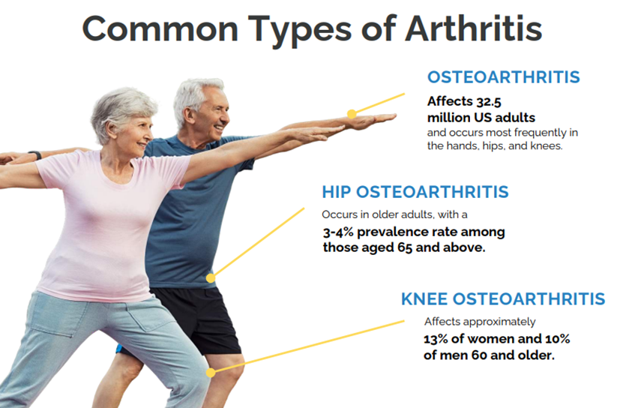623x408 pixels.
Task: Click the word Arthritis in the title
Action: [474, 28]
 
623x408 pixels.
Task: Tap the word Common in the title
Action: [160, 29]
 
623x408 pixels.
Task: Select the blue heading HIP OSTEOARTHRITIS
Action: [415, 192]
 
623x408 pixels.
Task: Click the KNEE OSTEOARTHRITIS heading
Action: [503, 298]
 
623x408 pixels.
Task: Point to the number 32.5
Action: [489, 102]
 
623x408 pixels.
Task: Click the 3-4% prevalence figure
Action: [338, 232]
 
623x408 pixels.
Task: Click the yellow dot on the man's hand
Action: [352, 114]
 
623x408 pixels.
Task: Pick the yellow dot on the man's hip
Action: [211, 278]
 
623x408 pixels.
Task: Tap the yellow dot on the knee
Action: [211, 373]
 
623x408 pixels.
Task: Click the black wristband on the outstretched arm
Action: [36, 155]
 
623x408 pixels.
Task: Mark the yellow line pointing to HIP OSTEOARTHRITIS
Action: [257, 243]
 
